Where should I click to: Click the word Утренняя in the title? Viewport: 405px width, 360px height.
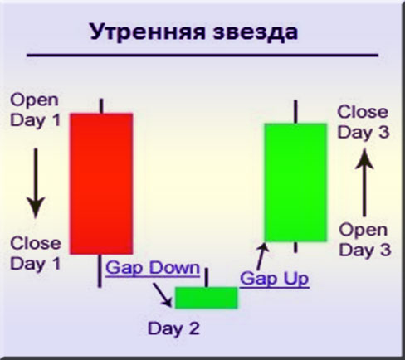pos(144,32)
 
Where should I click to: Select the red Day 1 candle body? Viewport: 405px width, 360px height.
pos(100,182)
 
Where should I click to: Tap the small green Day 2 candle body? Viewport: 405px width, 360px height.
pos(206,297)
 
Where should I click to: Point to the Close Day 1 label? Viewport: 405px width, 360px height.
pos(34,253)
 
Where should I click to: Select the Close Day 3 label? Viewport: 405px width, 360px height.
pos(362,122)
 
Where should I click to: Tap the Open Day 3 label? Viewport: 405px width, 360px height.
pos(363,239)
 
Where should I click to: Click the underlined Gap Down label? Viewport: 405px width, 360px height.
pos(152,268)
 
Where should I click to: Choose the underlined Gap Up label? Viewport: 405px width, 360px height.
pos(274,278)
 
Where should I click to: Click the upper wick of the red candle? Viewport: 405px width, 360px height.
pos(100,105)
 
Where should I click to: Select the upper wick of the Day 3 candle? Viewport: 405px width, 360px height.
pos(295,111)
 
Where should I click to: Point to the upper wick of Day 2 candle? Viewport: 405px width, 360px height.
pos(206,276)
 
